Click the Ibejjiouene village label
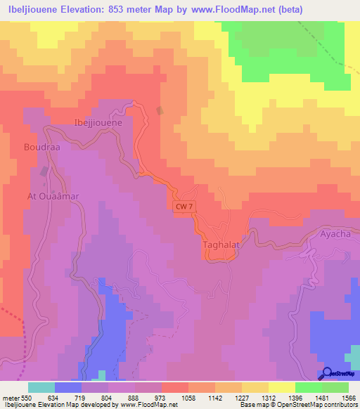(98, 122)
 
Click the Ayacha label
(335, 233)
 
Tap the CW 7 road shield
(181, 204)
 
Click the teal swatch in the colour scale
(41, 387)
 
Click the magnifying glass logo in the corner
(327, 373)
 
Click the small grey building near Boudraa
(45, 171)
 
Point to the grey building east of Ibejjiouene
(160, 110)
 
